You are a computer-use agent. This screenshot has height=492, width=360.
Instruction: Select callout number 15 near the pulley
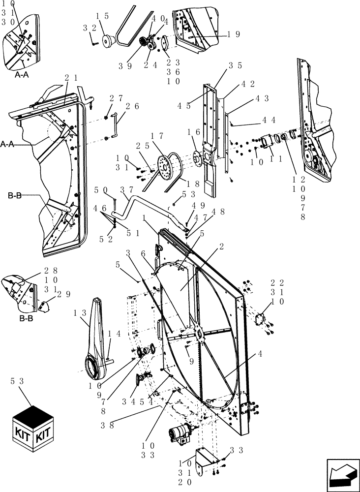(x=102, y=16)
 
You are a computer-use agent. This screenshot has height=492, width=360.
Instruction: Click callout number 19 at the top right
(x=234, y=34)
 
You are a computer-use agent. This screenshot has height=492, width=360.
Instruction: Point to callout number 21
(x=71, y=78)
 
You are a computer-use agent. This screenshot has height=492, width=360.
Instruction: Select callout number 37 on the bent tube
(x=126, y=190)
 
